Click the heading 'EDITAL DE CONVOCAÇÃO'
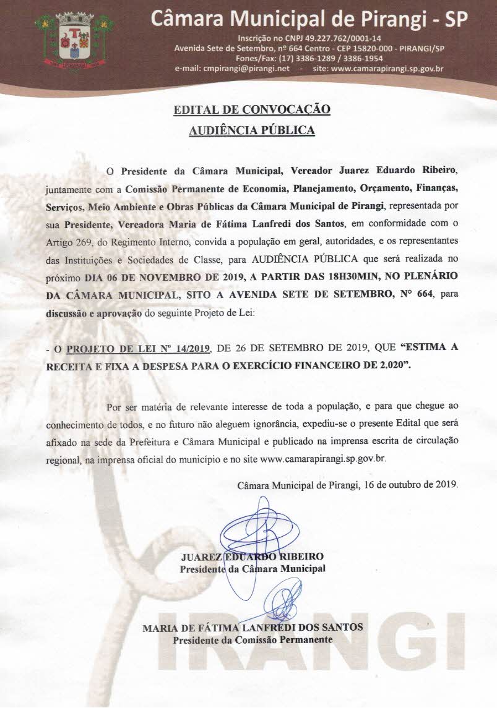(x=252, y=111)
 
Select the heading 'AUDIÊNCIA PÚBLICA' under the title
(x=252, y=130)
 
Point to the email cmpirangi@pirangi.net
(x=246, y=69)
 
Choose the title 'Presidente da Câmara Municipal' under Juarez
(x=252, y=568)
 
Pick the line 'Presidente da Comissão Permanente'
(x=253, y=639)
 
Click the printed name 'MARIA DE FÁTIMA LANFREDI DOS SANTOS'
(x=253, y=627)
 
